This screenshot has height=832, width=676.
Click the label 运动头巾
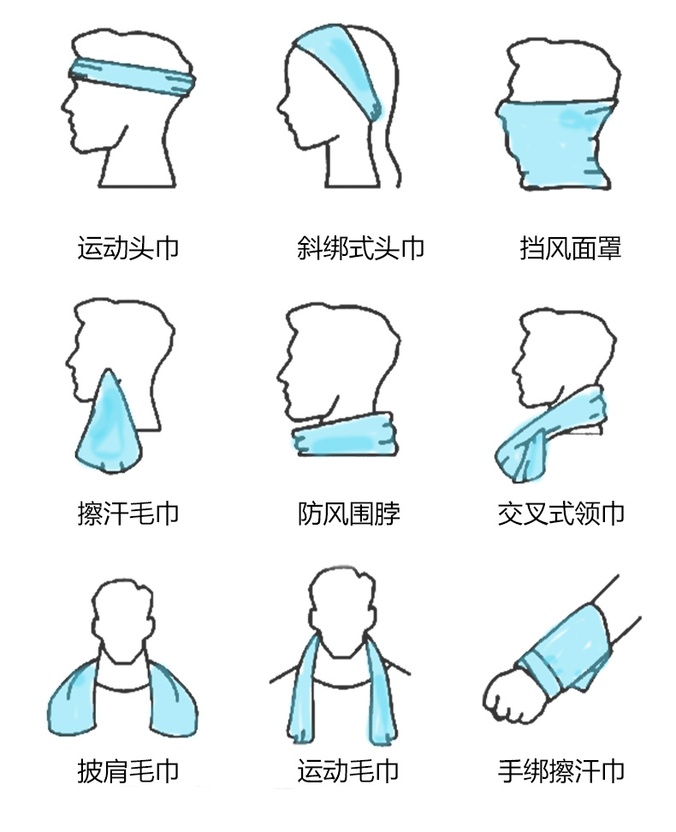[x=127, y=247]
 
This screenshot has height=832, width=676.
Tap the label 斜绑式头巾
[x=360, y=247]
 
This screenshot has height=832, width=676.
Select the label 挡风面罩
[x=571, y=247]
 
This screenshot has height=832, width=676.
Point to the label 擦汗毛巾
[x=127, y=513]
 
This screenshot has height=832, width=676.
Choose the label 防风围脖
[x=348, y=513]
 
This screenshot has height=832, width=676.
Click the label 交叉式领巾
[x=560, y=513]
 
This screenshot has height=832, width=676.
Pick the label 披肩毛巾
[x=127, y=771]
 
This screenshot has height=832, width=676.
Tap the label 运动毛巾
[x=347, y=771]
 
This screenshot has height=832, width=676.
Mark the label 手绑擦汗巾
[x=560, y=771]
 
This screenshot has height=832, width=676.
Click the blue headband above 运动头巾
[x=133, y=77]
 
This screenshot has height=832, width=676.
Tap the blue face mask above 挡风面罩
[x=557, y=143]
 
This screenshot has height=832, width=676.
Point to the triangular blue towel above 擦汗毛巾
[x=110, y=425]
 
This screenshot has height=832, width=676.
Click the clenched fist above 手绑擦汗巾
[x=509, y=695]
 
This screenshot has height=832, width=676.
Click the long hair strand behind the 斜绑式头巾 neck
[x=394, y=154]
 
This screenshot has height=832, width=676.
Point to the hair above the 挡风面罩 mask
[x=562, y=69]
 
